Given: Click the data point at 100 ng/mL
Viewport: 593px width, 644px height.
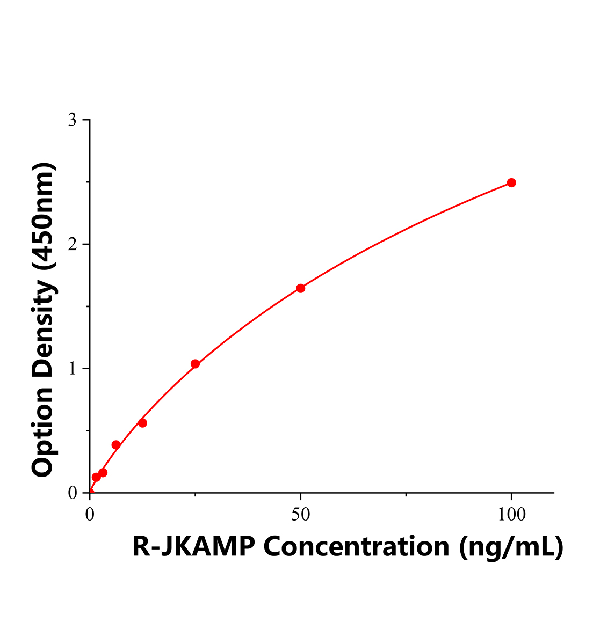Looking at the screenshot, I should click(511, 183).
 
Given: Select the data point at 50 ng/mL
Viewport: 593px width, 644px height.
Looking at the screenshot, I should click(301, 288).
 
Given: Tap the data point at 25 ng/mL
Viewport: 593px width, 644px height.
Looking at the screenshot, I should click(195, 364).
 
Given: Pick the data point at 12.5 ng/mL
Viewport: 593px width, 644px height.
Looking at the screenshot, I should click(142, 423).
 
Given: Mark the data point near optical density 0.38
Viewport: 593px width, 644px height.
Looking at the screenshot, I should click(116, 445).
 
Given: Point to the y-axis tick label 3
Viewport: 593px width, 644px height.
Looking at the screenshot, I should click(72, 120).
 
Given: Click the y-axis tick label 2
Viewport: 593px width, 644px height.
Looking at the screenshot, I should click(72, 244).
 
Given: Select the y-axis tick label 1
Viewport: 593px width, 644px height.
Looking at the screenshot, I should click(72, 369).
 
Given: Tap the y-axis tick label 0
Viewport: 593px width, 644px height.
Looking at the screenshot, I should click(72, 493).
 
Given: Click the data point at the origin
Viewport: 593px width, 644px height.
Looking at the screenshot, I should click(90, 492).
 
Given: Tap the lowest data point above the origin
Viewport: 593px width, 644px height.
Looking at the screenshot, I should click(96, 477).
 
